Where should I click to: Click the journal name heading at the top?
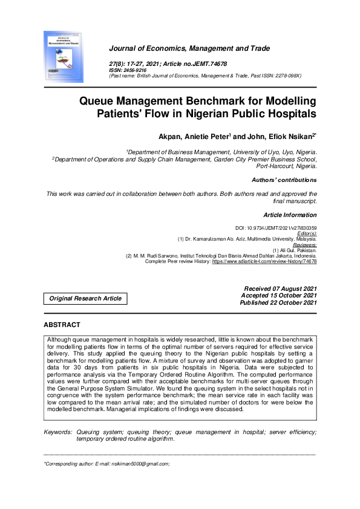tap(189, 48)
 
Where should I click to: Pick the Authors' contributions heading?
tap(284, 180)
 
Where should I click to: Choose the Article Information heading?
tap(290, 215)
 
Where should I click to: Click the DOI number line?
tap(275, 228)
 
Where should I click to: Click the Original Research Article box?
tap(85, 298)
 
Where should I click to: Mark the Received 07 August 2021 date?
tap(280, 288)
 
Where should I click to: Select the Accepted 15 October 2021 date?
tap(279, 295)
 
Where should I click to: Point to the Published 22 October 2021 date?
tap(278, 302)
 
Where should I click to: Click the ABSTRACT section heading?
tap(62, 325)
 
